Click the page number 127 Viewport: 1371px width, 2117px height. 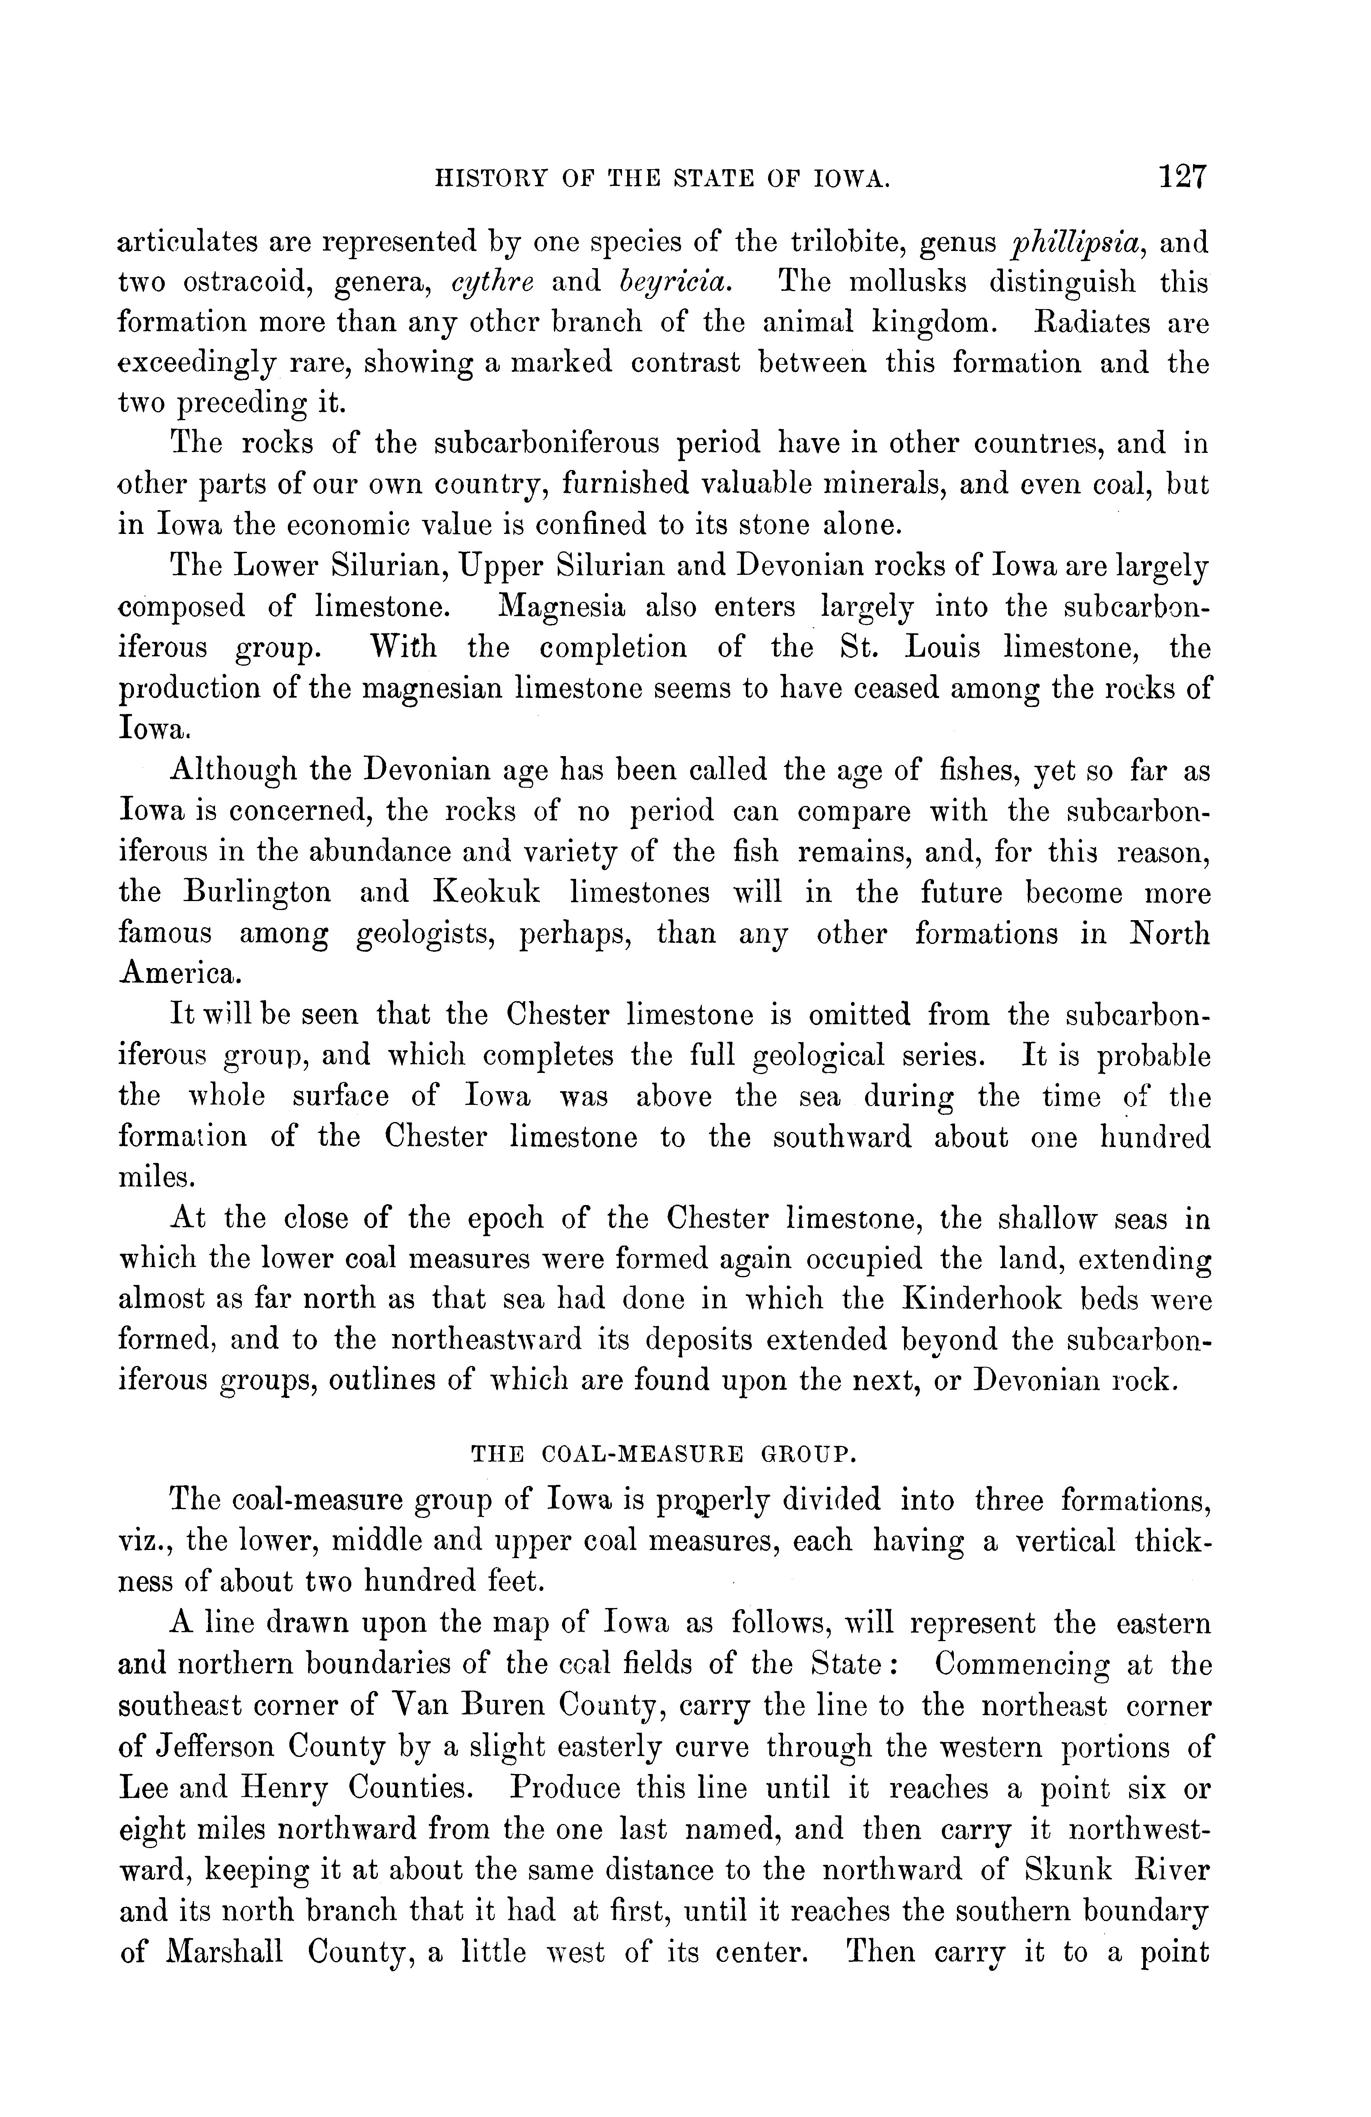(x=1182, y=177)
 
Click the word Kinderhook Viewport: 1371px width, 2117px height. (x=982, y=1300)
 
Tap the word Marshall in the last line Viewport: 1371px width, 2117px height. (x=224, y=1951)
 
